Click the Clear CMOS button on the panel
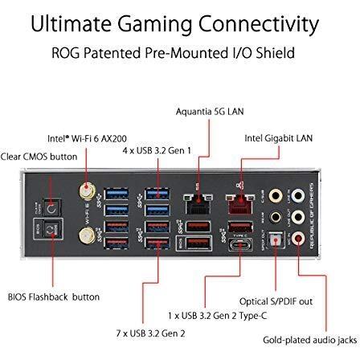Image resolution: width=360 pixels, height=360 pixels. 51,208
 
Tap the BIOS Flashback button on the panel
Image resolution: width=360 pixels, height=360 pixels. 51,230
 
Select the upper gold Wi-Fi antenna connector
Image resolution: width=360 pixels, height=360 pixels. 88,191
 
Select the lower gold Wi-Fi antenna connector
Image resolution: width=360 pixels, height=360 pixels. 88,235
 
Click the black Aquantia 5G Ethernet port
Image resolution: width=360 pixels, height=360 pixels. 198,204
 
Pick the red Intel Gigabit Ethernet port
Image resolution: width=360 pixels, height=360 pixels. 240,204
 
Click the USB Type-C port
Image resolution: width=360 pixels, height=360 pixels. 240,245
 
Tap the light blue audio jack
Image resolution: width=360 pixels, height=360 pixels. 297,195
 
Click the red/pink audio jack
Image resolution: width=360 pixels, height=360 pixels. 297,239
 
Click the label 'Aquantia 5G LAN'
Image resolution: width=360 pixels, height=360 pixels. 210,112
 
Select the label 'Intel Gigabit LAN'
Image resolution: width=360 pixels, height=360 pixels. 279,138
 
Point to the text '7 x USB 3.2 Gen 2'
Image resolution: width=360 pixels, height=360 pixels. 150,333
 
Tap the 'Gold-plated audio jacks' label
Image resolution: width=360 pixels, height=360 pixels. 310,340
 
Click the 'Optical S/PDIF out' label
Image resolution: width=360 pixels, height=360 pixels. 276,301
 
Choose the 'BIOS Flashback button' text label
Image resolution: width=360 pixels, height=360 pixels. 54,297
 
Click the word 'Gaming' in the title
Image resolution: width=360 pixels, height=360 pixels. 155,25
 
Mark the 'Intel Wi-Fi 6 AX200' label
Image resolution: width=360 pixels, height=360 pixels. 87,139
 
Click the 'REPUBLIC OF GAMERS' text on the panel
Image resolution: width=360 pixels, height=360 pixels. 313,216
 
